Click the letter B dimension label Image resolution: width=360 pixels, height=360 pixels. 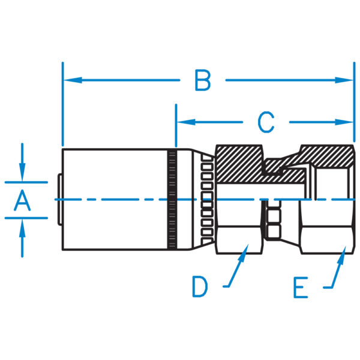[202, 80]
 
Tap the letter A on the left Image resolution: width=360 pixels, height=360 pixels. [22, 200]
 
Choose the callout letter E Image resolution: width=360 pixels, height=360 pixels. [301, 288]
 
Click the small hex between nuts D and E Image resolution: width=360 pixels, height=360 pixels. [274, 222]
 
